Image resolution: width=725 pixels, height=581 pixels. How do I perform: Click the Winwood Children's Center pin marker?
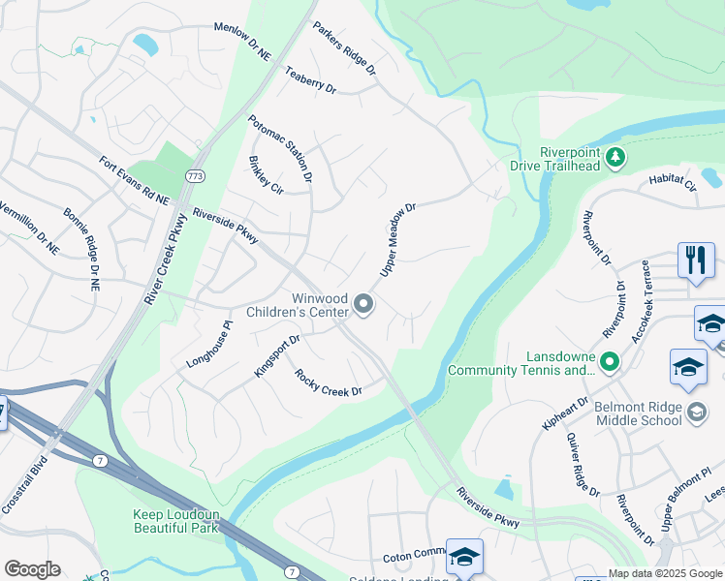[364, 305]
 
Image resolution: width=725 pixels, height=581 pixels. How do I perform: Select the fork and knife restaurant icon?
[696, 261]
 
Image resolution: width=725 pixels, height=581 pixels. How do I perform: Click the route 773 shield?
[196, 175]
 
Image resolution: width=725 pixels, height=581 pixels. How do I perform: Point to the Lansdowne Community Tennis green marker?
[609, 363]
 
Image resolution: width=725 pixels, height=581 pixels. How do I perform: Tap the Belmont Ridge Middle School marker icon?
[696, 413]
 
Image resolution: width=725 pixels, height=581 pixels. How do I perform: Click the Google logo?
[32, 569]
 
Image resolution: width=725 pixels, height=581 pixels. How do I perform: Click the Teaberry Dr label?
[310, 80]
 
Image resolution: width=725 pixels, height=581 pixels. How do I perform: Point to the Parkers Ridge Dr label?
[343, 49]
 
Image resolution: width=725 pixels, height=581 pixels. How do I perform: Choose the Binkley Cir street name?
[265, 174]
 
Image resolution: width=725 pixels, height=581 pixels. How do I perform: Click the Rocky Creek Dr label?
[328, 383]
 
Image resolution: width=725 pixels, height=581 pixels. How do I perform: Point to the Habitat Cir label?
[673, 180]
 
